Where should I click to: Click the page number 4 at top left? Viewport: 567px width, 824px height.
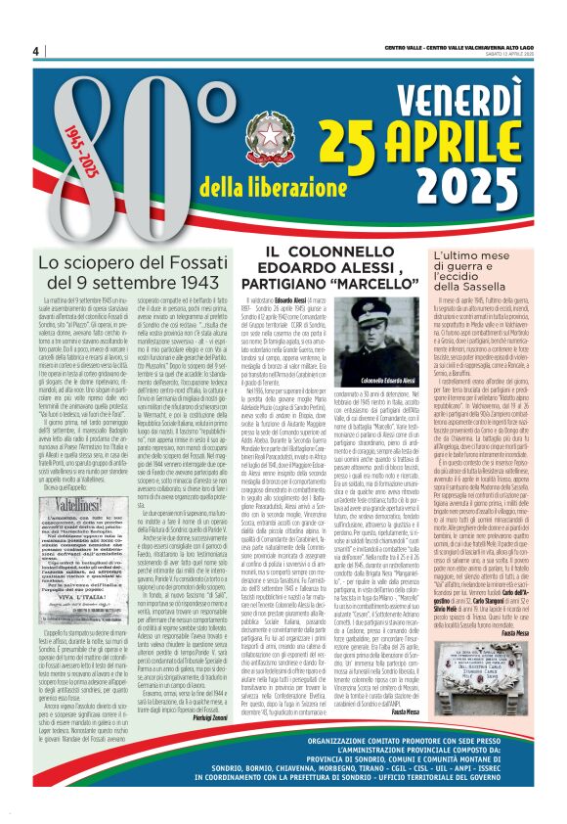click(35, 51)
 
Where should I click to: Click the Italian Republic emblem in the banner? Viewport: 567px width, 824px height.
click(268, 134)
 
